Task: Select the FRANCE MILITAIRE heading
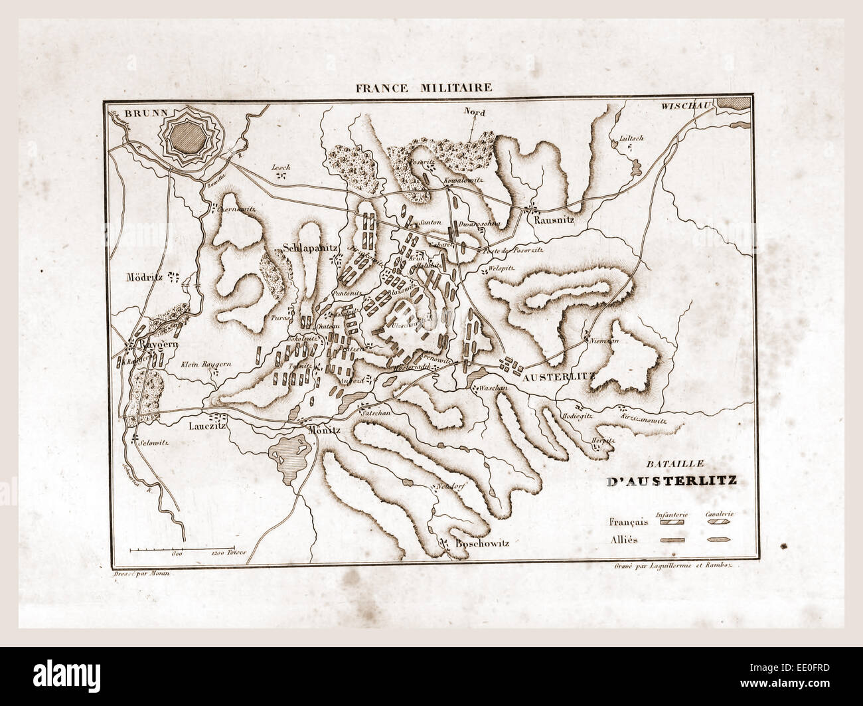pyautogui.click(x=431, y=87)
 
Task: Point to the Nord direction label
pyautogui.click(x=475, y=114)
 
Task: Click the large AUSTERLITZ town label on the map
pyautogui.click(x=560, y=377)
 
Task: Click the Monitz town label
pyautogui.click(x=325, y=430)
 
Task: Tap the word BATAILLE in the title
pyautogui.click(x=653, y=466)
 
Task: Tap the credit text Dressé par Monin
pyautogui.click(x=139, y=565)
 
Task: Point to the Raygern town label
pyautogui.click(x=157, y=346)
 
